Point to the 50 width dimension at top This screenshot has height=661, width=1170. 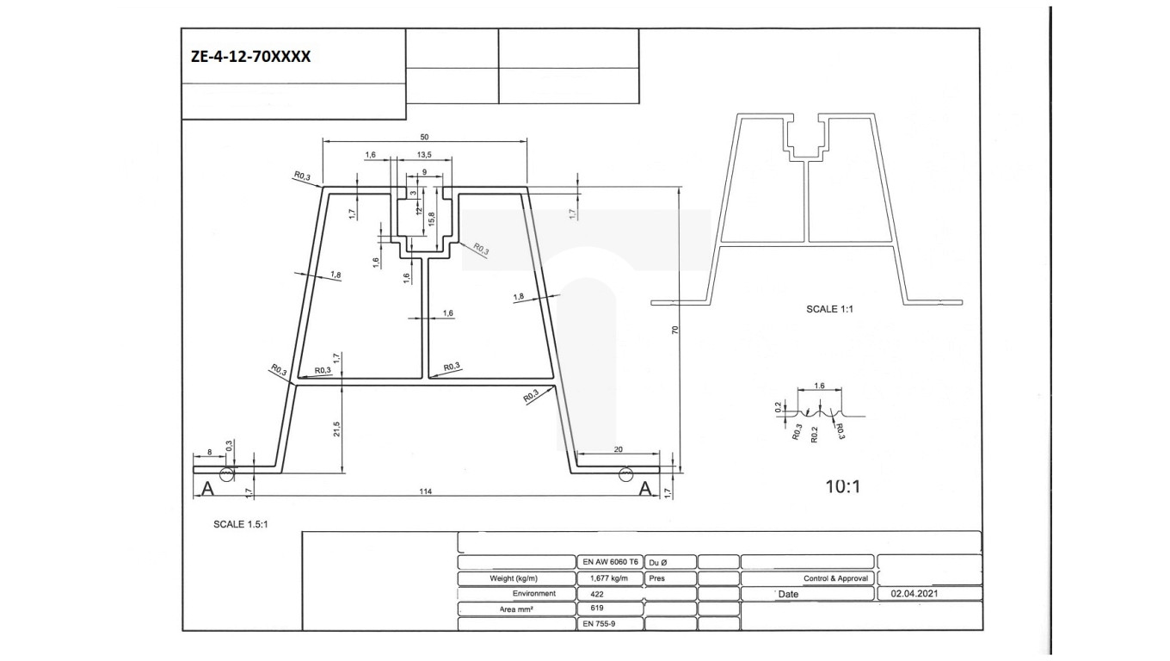click(424, 137)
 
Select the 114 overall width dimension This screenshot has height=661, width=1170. click(425, 491)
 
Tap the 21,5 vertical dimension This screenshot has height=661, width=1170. click(336, 428)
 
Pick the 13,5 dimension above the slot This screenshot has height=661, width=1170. click(424, 155)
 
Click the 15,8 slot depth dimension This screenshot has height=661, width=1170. click(431, 219)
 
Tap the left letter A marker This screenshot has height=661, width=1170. click(206, 490)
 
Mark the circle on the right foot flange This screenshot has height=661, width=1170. click(625, 473)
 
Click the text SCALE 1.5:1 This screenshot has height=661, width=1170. click(241, 523)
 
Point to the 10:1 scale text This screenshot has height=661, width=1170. click(843, 486)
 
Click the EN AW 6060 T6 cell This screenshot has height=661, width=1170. click(610, 561)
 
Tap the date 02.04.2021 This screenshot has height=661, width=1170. click(915, 594)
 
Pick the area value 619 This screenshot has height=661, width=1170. click(598, 608)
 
